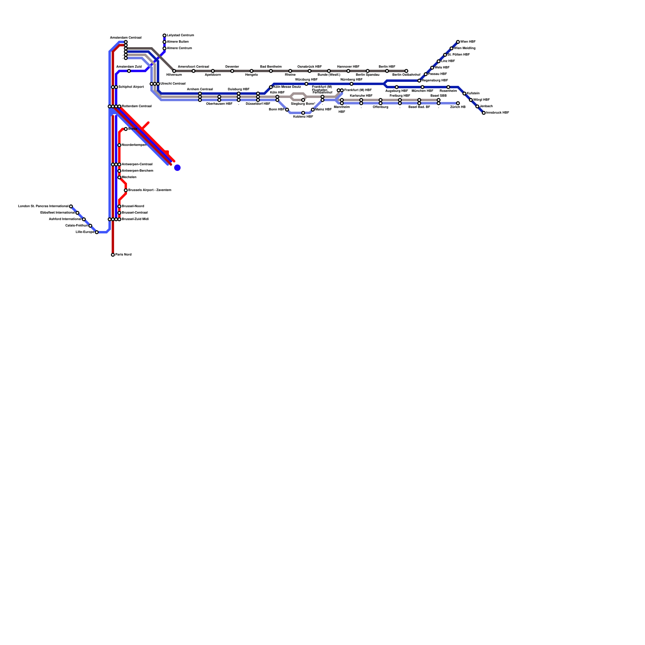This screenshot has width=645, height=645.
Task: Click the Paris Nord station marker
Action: click(x=113, y=255)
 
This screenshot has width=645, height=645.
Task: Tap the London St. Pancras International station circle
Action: click(x=71, y=206)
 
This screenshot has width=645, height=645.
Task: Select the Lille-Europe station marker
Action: click(x=97, y=232)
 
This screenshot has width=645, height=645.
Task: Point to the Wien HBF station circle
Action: click(x=458, y=42)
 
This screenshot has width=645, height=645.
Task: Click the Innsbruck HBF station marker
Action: click(x=484, y=113)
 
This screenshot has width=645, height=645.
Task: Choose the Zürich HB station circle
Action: click(x=458, y=103)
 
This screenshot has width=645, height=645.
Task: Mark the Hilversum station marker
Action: click(x=174, y=71)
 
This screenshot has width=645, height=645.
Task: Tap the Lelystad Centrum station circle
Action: click(x=164, y=35)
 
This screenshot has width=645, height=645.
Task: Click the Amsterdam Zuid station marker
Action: click(x=129, y=71)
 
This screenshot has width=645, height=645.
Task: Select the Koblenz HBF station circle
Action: click(x=303, y=113)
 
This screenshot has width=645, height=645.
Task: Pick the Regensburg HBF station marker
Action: click(x=419, y=81)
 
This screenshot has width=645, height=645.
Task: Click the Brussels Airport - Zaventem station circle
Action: click(x=126, y=190)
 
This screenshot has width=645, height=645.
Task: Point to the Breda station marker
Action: click(x=126, y=129)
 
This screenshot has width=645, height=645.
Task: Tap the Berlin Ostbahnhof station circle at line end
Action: click(x=406, y=71)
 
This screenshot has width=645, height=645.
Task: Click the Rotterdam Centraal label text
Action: click(x=137, y=106)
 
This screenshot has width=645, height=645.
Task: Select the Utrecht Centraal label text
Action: click(x=173, y=84)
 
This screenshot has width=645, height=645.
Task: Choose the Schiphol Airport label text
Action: click(x=131, y=87)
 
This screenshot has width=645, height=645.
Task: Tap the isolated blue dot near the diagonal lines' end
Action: click(x=177, y=168)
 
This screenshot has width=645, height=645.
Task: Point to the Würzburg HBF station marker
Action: click(x=306, y=84)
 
